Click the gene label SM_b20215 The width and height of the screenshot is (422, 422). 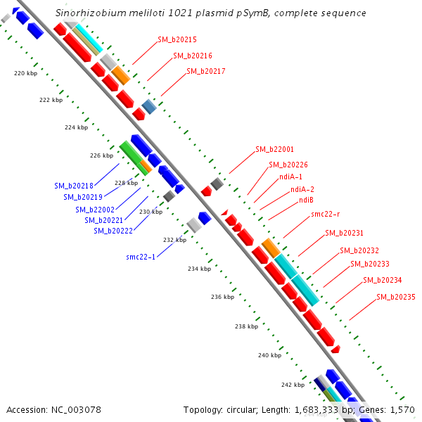click(177, 40)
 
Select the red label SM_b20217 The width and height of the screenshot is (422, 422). click(205, 71)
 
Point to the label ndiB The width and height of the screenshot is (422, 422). click(306, 200)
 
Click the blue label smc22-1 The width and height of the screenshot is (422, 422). click(141, 257)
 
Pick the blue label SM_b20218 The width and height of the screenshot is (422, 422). click(74, 186)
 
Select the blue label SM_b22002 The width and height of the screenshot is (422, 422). click(95, 210)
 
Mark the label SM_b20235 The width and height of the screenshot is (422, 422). click(395, 297)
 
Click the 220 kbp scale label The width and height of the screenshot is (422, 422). click(25, 73)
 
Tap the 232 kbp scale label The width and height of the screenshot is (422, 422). click(174, 240)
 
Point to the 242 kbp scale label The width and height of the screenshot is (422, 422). click(293, 385)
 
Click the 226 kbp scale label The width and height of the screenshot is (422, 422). click(101, 155)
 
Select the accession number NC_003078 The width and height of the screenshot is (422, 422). click(53, 409)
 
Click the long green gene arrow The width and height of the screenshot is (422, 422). click(134, 158)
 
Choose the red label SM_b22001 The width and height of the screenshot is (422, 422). click(274, 149)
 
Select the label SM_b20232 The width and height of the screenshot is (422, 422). click(359, 250)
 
